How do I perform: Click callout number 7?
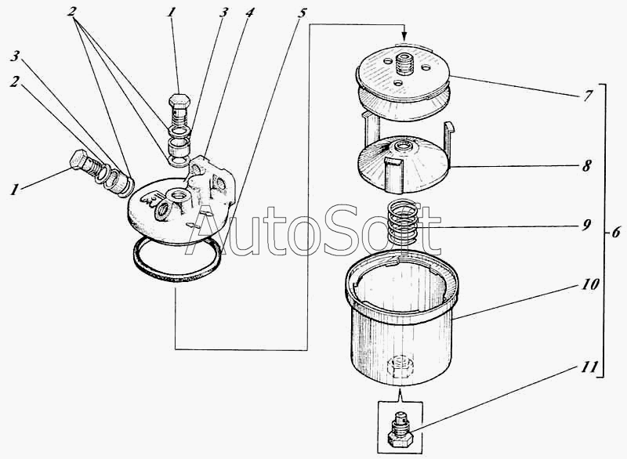(x=586, y=96)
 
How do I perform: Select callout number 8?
(x=586, y=165)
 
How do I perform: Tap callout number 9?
(x=586, y=226)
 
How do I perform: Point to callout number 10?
(x=590, y=284)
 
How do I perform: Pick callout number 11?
(x=589, y=367)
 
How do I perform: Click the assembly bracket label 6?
(x=616, y=231)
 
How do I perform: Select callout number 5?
(x=302, y=13)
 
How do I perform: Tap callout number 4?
(x=248, y=13)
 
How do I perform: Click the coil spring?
(x=404, y=224)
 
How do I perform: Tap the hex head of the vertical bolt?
(x=179, y=99)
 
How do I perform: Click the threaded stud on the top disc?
(x=404, y=64)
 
